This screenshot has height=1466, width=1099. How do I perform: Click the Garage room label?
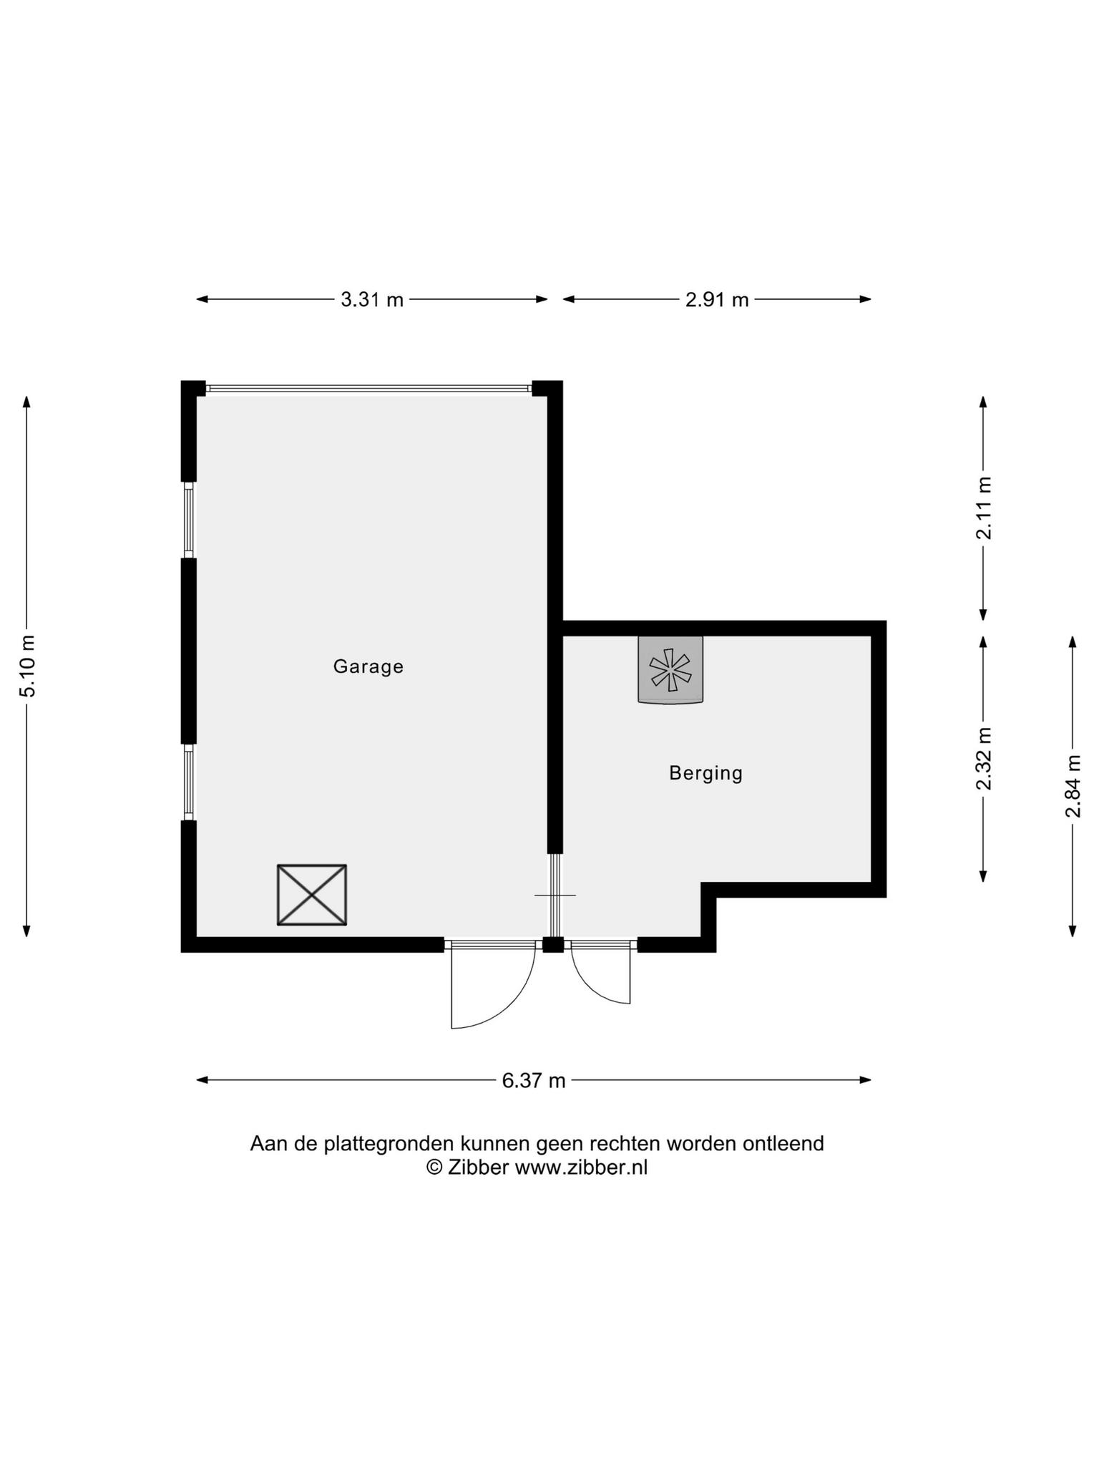click(x=368, y=667)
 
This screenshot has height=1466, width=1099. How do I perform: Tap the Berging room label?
click(x=706, y=773)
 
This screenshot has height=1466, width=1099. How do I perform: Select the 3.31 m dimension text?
click(x=372, y=299)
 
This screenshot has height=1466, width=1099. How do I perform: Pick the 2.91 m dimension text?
click(x=717, y=299)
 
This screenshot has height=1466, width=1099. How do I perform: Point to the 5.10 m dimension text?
click(x=27, y=666)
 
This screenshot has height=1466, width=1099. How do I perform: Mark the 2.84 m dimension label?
click(x=1073, y=786)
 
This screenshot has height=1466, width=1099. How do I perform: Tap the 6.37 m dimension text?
click(x=534, y=1080)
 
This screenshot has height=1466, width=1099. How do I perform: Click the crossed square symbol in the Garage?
click(x=312, y=895)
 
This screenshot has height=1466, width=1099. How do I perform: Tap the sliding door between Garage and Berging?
click(x=555, y=895)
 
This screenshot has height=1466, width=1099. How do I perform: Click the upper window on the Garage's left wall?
click(x=189, y=520)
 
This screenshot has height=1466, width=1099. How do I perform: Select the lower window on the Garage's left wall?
click(x=189, y=782)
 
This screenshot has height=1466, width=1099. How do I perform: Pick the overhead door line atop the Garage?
click(x=368, y=389)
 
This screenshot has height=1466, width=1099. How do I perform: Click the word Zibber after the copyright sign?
click(x=478, y=1168)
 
